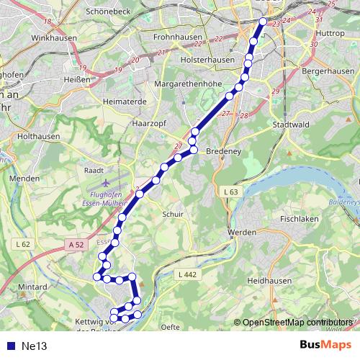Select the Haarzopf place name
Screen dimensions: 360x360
click(150, 123)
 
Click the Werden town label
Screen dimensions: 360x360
click(241, 233)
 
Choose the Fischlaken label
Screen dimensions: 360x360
click(300, 217)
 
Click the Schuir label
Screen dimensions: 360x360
click(174, 214)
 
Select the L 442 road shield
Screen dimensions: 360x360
click(186, 274)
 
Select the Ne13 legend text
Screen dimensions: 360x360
click(34, 346)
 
